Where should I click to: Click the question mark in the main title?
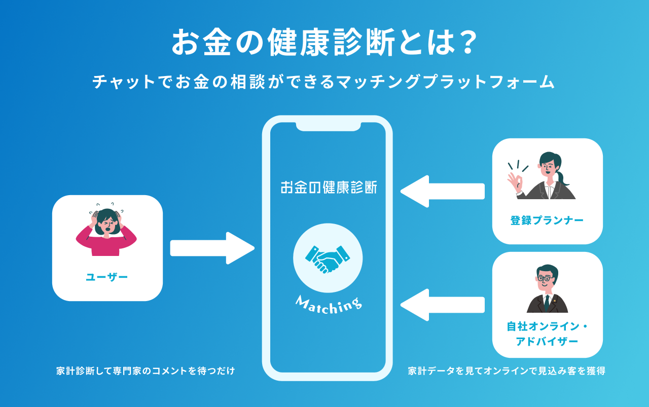[x=463, y=43]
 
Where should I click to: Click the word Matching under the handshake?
[x=329, y=304]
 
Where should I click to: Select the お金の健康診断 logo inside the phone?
[x=329, y=187]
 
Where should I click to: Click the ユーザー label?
[x=107, y=277]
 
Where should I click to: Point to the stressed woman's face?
[x=107, y=224]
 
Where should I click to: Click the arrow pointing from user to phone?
[x=212, y=248]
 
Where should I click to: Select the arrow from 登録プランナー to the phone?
[x=442, y=191]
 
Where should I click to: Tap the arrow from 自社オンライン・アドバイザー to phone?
[x=442, y=305]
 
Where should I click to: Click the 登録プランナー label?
[x=547, y=220]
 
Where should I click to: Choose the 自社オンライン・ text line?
[x=547, y=327]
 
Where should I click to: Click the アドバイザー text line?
[x=547, y=342]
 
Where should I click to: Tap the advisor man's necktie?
[x=547, y=303]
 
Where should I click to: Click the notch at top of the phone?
[x=328, y=126]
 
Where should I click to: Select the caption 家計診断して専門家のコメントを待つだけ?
[x=146, y=371]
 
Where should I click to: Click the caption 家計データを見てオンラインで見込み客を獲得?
[x=507, y=371]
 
